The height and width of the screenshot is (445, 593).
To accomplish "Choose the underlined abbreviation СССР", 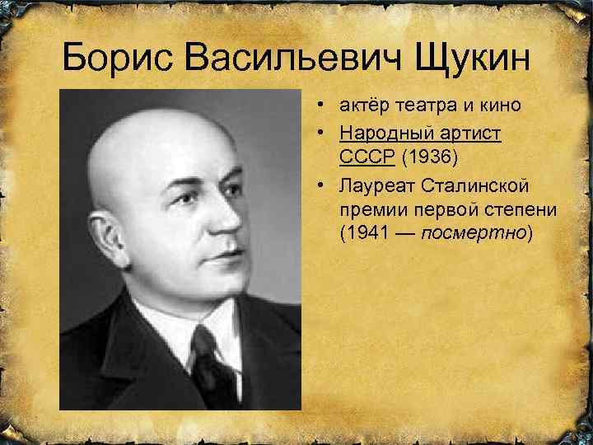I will pyautogui.click(x=367, y=157).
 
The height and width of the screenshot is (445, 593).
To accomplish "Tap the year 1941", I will pyautogui.click(x=361, y=234).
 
